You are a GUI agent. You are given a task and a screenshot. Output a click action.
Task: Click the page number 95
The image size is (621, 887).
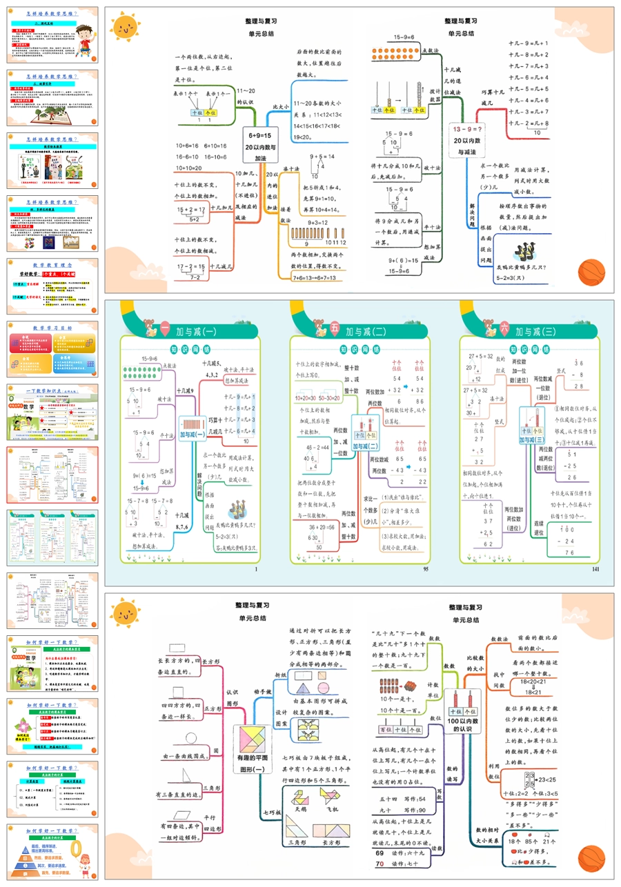425,570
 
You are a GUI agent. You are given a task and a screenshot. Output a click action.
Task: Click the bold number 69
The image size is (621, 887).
379,853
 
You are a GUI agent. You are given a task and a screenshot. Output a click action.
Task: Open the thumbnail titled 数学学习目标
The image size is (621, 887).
52,348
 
